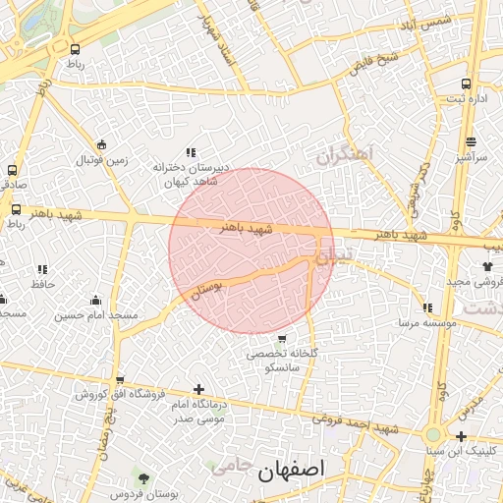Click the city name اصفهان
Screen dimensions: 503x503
[x=291, y=471]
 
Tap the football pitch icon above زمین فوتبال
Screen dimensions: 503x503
[x=102, y=143]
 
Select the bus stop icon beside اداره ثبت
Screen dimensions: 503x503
[x=466, y=84]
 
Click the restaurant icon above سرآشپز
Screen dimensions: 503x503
[x=471, y=140]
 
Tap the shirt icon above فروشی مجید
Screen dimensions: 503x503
[x=487, y=265]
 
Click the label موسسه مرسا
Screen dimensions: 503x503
[x=422, y=322]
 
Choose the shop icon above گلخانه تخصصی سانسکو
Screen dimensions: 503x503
[x=282, y=339]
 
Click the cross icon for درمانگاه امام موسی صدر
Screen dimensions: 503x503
[x=199, y=389]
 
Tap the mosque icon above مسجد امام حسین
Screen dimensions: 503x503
[x=95, y=300]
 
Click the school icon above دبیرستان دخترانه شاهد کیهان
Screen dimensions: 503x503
[x=191, y=152]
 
